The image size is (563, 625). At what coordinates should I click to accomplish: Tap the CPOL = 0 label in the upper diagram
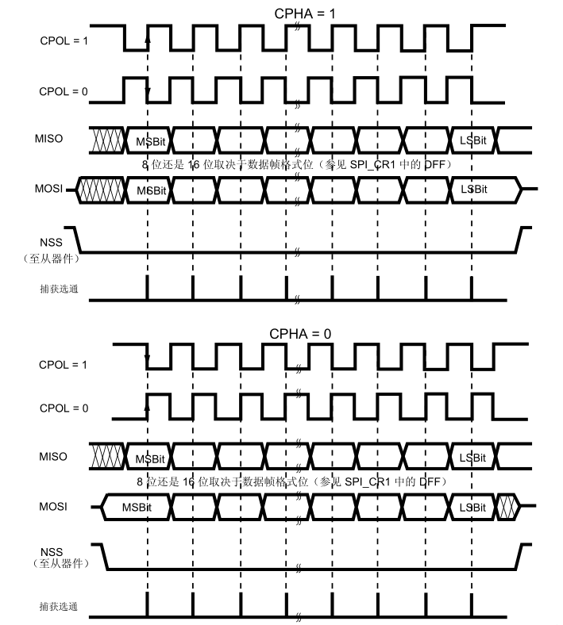coord(64,91)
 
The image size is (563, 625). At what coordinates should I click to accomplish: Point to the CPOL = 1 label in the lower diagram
coord(64,365)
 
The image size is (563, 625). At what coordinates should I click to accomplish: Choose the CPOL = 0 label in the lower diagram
coord(64,408)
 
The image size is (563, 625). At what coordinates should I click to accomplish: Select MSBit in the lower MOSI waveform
coord(136,506)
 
